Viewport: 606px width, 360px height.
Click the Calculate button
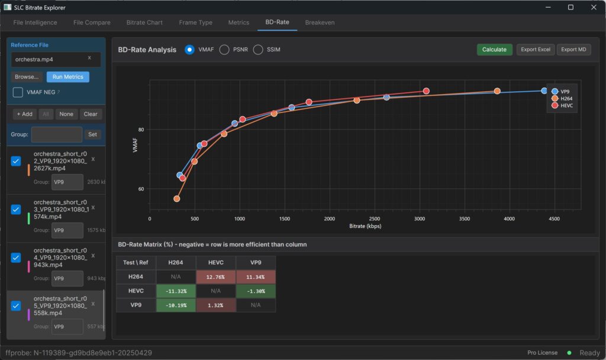click(494, 50)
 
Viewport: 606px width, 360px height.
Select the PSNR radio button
click(224, 50)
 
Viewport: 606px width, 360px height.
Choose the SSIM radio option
click(258, 50)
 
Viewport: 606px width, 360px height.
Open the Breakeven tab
click(320, 22)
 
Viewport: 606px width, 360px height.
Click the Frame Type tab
click(195, 22)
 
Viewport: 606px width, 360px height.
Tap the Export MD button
click(573, 50)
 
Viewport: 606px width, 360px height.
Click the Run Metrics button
click(67, 77)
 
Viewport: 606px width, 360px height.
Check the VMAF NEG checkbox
click(18, 92)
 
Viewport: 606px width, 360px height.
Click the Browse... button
click(27, 77)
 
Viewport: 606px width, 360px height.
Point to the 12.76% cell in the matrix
click(215, 277)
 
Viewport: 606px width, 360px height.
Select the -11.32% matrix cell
click(176, 291)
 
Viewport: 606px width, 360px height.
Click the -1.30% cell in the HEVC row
click(256, 291)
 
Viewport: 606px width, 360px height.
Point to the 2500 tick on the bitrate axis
click(374, 218)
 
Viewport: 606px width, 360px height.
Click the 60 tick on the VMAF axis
click(141, 189)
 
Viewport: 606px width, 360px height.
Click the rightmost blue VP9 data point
click(544, 91)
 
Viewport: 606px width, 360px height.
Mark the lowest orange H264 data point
click(176, 199)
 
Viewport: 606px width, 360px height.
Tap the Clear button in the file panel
click(91, 114)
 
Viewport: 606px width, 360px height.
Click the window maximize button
click(570, 8)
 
